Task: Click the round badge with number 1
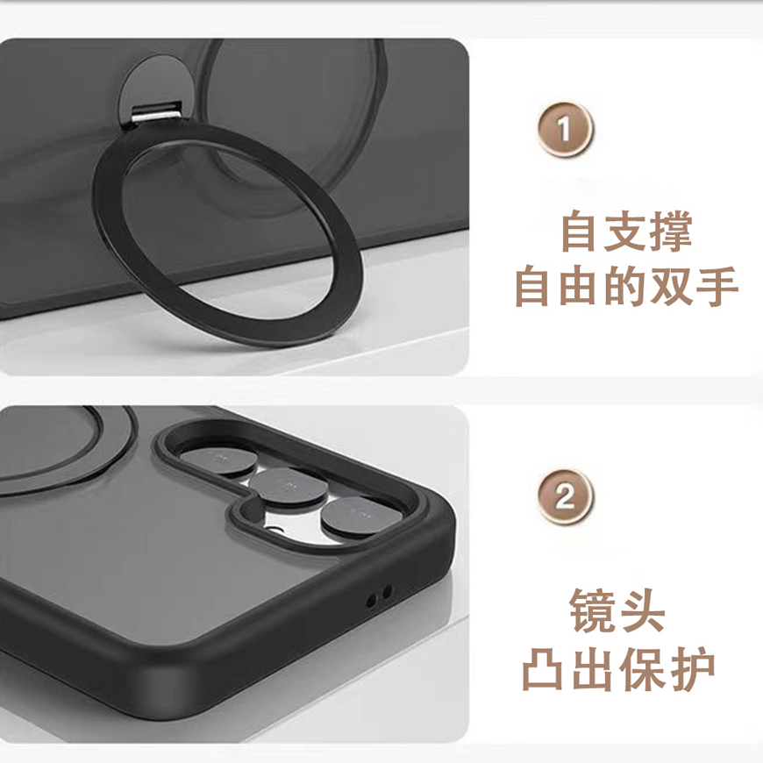(566, 130)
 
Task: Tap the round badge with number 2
(566, 496)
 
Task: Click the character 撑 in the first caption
(672, 232)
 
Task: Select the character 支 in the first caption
(626, 232)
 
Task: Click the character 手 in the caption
(717, 286)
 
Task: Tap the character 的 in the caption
(626, 286)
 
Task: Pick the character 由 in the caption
(581, 286)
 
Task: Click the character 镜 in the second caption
(592, 611)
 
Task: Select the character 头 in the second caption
(642, 611)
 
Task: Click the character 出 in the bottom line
(592, 668)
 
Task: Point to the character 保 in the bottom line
(642, 668)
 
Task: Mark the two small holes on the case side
(379, 596)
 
